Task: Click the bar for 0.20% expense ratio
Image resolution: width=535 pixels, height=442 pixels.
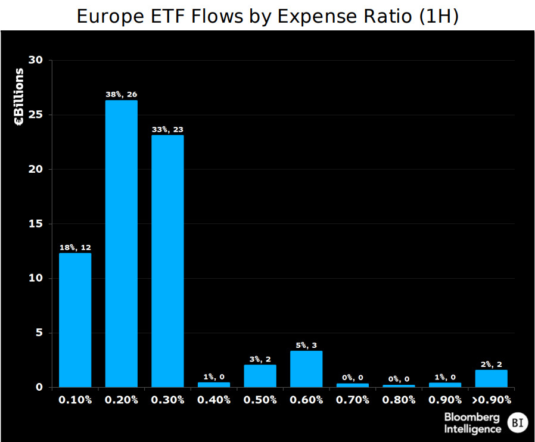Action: pyautogui.click(x=122, y=244)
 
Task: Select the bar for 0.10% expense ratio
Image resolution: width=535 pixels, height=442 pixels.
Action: pyautogui.click(x=75, y=320)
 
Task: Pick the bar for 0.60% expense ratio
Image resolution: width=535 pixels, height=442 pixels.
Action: pyautogui.click(x=306, y=369)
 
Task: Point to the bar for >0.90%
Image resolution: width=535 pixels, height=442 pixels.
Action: pyautogui.click(x=491, y=378)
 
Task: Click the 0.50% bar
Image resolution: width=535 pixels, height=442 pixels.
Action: pyautogui.click(x=260, y=376)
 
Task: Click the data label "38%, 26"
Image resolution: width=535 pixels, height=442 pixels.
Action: pyautogui.click(x=122, y=94)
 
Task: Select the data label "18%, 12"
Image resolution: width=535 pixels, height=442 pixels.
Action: pyautogui.click(x=75, y=247)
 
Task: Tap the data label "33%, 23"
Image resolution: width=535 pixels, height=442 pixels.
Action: pyautogui.click(x=167, y=129)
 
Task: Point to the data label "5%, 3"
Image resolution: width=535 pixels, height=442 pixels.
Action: pyautogui.click(x=306, y=345)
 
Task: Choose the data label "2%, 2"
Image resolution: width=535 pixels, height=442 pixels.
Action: pyautogui.click(x=491, y=364)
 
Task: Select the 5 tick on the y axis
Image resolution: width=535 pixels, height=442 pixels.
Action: pyautogui.click(x=39, y=333)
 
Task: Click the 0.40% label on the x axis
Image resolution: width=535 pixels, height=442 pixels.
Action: pyautogui.click(x=214, y=400)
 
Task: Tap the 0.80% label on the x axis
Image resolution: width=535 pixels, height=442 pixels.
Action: pyautogui.click(x=399, y=400)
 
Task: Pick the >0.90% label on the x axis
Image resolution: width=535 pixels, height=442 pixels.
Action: pyautogui.click(x=491, y=400)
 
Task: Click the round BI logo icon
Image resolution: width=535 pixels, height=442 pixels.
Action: pyautogui.click(x=517, y=423)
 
